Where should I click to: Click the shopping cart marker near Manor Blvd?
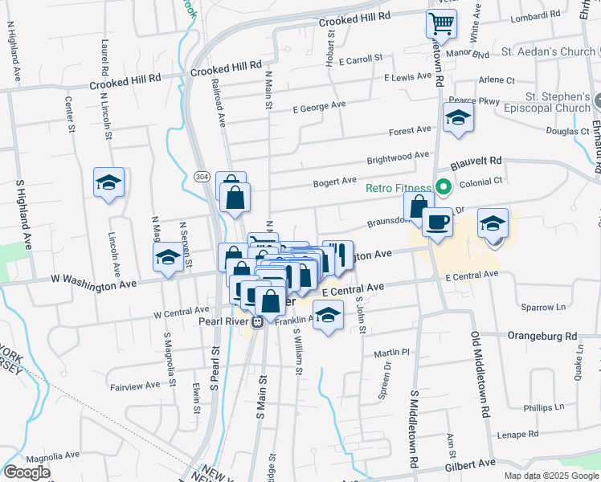point(441,24)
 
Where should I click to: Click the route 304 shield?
point(202,177)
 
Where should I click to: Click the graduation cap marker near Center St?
point(108,182)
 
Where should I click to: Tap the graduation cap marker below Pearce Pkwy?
point(458,118)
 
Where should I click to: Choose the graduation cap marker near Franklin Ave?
point(328,316)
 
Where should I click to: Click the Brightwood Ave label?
point(398,156)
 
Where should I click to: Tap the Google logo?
point(27,472)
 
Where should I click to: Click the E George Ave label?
point(318,105)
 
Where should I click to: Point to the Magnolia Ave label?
point(50,459)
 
